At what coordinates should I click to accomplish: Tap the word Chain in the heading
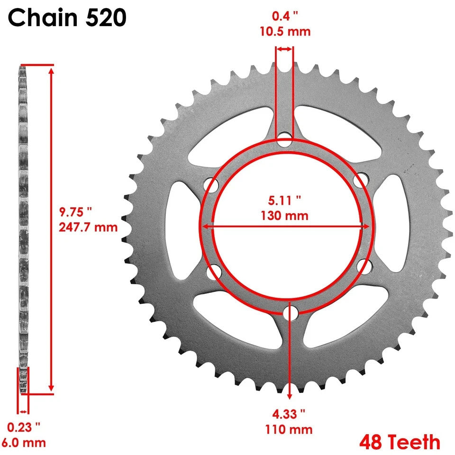click(x=40, y=18)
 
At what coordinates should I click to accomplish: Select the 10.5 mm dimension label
click(x=285, y=32)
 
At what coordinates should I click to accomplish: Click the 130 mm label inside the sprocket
click(x=284, y=216)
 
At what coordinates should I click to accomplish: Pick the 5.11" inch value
click(x=284, y=200)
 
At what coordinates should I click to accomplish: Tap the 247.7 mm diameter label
click(x=88, y=227)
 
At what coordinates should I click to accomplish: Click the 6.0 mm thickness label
click(x=24, y=443)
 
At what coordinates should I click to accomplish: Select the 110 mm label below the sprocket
click(x=289, y=429)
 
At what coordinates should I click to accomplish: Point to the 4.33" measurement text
click(x=289, y=414)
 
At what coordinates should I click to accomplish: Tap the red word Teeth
click(x=413, y=442)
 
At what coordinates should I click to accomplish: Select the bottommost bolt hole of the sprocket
click(x=290, y=313)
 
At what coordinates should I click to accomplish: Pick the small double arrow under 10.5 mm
click(x=285, y=49)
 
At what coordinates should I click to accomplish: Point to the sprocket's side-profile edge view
click(x=22, y=227)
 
